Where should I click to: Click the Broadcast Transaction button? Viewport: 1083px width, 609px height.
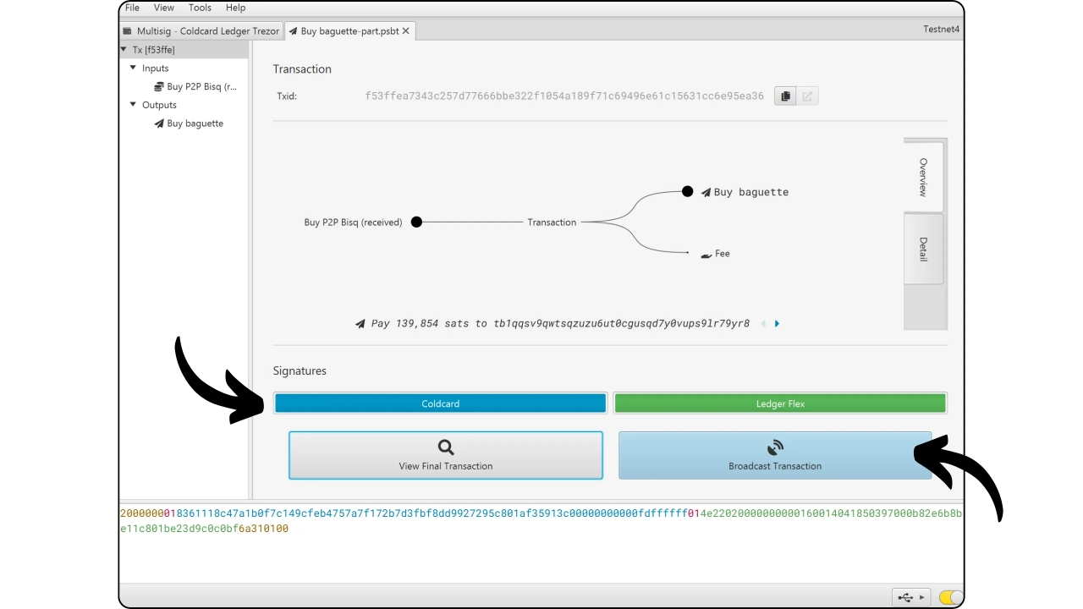tap(774, 455)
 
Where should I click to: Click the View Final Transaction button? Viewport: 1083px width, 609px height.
tap(446, 455)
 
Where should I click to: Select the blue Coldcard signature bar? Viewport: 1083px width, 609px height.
tap(440, 403)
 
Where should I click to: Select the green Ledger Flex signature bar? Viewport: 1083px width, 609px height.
tap(780, 403)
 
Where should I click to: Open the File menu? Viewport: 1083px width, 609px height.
tap(132, 8)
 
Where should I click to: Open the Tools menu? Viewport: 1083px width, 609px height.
tap(200, 8)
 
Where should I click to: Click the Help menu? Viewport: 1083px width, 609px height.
tap(235, 8)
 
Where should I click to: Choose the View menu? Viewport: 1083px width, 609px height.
tap(164, 8)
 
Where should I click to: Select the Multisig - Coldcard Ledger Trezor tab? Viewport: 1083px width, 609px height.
tap(201, 31)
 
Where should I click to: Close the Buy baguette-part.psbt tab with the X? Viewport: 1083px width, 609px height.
tap(405, 31)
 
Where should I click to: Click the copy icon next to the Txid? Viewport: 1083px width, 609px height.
tap(785, 96)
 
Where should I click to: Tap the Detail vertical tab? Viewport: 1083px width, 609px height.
tap(923, 249)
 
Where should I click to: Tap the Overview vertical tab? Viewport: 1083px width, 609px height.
tap(923, 177)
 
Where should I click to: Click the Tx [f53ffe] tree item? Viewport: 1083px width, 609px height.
tap(153, 50)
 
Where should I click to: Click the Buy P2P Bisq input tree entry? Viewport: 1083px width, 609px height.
tap(195, 86)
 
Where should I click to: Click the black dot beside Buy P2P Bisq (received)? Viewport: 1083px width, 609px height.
tap(416, 222)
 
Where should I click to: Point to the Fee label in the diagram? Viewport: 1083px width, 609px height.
tap(723, 253)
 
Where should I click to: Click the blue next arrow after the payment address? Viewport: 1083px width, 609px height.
tap(777, 323)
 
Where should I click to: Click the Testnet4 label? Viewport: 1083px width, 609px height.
tap(941, 29)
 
